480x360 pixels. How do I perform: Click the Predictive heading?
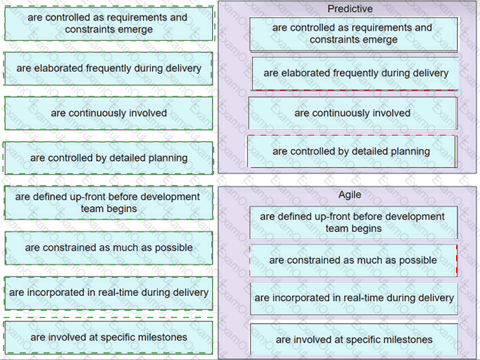tap(350, 9)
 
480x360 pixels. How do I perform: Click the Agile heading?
tap(350, 195)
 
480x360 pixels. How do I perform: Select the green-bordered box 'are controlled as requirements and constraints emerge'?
tap(109, 23)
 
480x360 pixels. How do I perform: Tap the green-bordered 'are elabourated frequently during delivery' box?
tap(108, 68)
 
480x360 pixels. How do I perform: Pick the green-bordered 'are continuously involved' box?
tap(109, 113)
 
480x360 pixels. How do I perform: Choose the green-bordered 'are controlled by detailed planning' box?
tap(108, 158)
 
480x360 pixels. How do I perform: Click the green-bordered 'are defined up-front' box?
tap(109, 202)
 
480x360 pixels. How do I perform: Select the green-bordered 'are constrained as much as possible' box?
tap(109, 248)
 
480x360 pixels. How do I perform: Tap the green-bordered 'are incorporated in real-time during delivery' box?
tap(109, 293)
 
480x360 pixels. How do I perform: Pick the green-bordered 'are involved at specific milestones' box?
tap(109, 337)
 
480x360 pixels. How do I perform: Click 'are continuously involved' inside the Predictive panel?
tap(353, 113)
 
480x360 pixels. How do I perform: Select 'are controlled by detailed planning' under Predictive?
tap(352, 152)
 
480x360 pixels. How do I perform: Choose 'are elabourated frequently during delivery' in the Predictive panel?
tap(355, 74)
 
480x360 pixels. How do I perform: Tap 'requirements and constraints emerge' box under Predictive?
tap(354, 34)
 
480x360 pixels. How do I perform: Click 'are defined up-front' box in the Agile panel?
tap(354, 222)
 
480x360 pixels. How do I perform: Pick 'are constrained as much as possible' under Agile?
tap(354, 261)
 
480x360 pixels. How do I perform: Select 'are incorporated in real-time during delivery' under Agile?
tap(354, 298)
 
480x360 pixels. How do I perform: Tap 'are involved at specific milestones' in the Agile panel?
tap(354, 340)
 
